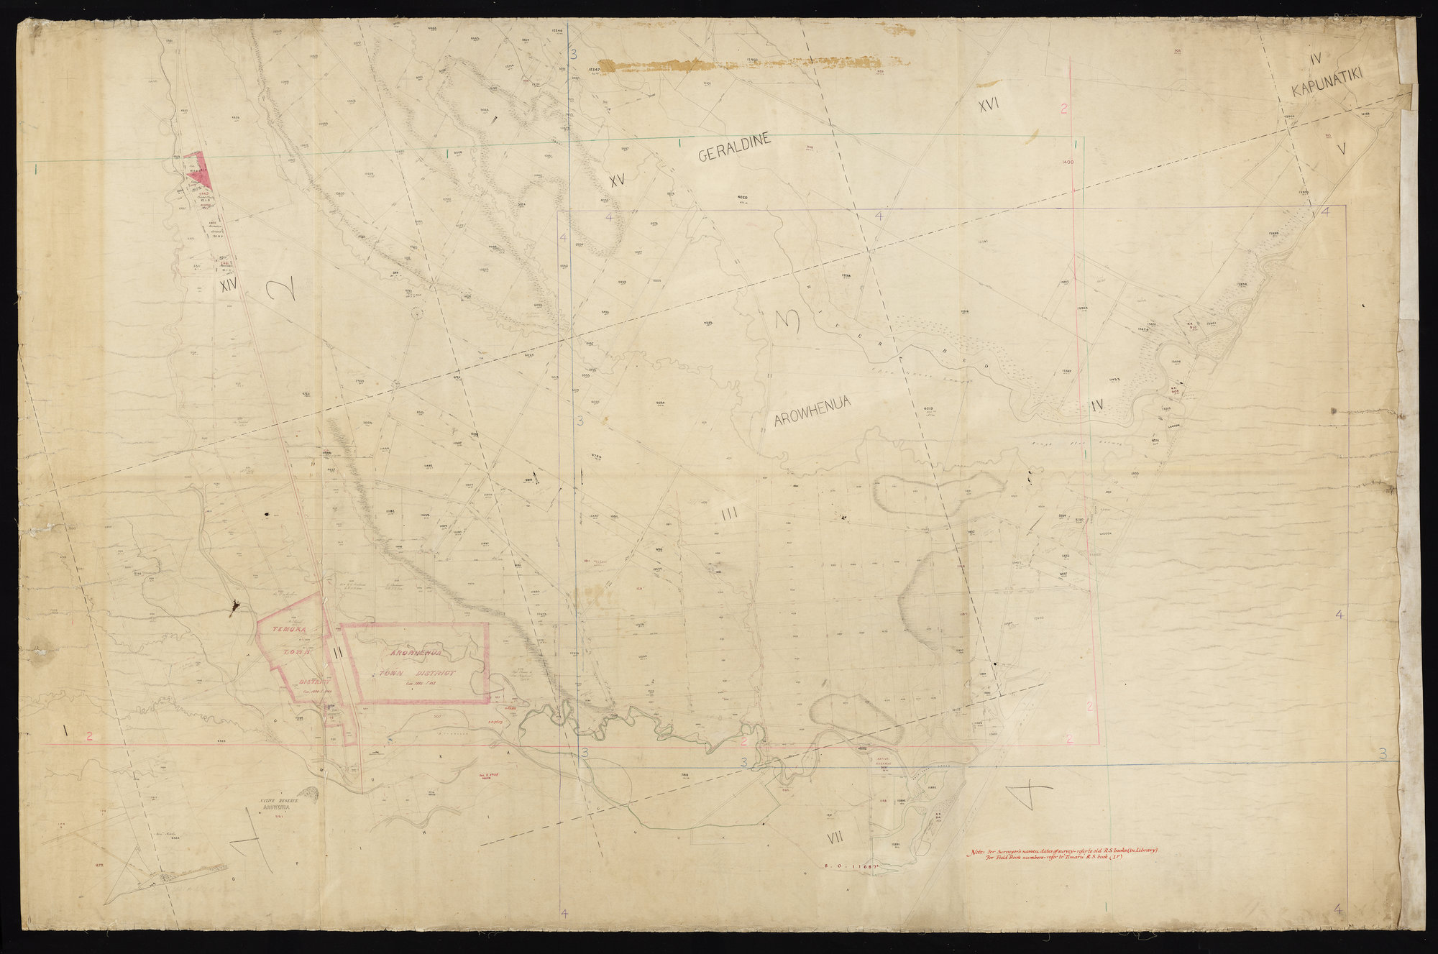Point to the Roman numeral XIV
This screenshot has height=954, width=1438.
tap(229, 286)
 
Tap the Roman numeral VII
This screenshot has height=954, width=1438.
tap(833, 837)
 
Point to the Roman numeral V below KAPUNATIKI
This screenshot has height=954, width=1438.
tap(1342, 149)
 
